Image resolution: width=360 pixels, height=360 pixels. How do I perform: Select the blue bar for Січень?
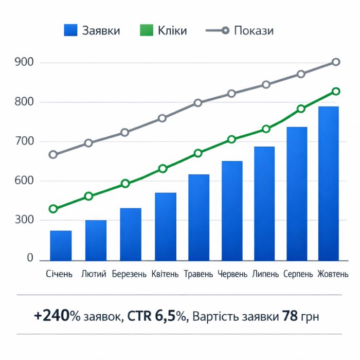[61, 245]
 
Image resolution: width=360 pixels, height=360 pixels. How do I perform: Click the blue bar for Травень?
[199, 217]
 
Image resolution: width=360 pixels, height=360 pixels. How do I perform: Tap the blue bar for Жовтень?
[329, 183]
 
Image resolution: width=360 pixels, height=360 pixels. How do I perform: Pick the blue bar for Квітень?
[166, 226]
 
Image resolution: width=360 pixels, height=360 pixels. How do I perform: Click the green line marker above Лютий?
[89, 196]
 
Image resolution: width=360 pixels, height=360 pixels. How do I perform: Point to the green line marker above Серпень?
[301, 109]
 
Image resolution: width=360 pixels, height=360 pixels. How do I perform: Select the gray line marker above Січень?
[53, 154]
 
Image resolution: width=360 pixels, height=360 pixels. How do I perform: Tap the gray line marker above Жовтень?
[336, 62]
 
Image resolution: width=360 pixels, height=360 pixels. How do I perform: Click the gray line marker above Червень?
[231, 94]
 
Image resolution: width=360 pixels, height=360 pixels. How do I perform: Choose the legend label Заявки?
[101, 31]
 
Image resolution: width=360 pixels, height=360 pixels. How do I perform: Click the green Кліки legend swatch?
[147, 31]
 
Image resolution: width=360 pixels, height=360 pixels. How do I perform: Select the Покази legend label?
[254, 31]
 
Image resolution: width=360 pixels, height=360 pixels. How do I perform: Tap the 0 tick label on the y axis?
[30, 258]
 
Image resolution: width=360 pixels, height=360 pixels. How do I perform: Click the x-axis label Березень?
[130, 274]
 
